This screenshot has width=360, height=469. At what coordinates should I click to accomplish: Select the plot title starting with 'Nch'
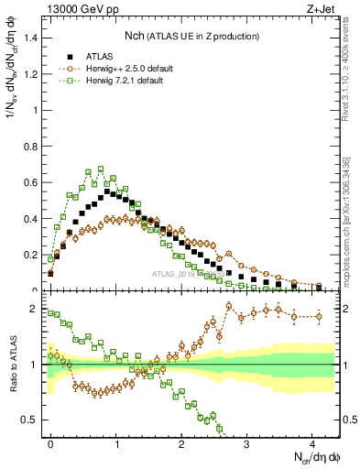click(x=191, y=36)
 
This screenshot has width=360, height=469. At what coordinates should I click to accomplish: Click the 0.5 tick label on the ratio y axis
click(x=31, y=420)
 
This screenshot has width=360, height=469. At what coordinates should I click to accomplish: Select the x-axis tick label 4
click(x=311, y=442)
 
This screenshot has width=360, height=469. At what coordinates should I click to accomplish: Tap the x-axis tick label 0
click(x=50, y=442)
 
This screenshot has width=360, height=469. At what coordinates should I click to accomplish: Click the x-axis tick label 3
click(x=246, y=442)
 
